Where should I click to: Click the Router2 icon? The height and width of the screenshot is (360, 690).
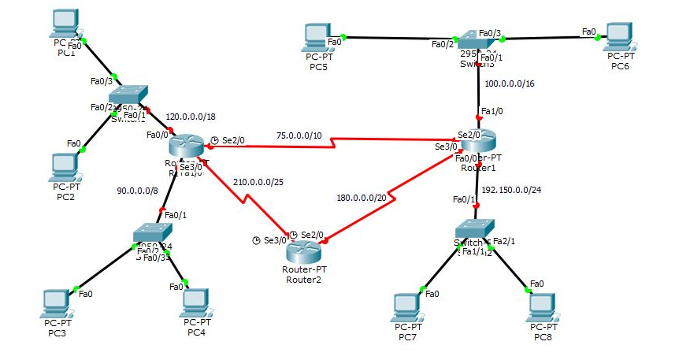[303, 252]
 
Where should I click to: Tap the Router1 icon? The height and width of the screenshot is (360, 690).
[479, 144]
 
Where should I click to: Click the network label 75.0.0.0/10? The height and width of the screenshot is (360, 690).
[298, 135]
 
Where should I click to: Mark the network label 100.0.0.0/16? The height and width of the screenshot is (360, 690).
[510, 83]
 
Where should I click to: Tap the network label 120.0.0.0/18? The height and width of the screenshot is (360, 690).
[191, 117]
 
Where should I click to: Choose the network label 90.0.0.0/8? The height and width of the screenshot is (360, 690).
[138, 190]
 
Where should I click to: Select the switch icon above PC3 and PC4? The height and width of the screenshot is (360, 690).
[152, 233]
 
